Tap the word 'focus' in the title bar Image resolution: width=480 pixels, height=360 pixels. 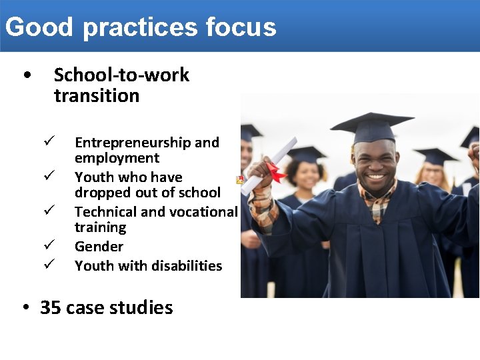pyautogui.click(x=241, y=27)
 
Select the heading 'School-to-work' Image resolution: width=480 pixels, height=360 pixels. pyautogui.click(x=121, y=75)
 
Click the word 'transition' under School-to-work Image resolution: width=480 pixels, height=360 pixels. pyautogui.click(x=97, y=95)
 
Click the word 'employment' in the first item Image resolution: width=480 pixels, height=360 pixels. pyautogui.click(x=117, y=159)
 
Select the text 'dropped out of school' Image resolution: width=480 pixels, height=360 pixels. pyautogui.click(x=147, y=193)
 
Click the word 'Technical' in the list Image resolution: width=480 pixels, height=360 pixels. pyautogui.click(x=105, y=212)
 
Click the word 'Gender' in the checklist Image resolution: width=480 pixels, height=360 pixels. pyautogui.click(x=99, y=247)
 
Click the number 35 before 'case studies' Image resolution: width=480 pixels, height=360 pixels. pyautogui.click(x=51, y=307)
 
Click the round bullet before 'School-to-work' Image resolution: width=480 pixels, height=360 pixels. pyautogui.click(x=25, y=75)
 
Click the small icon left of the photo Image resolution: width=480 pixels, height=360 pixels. pyautogui.click(x=240, y=180)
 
